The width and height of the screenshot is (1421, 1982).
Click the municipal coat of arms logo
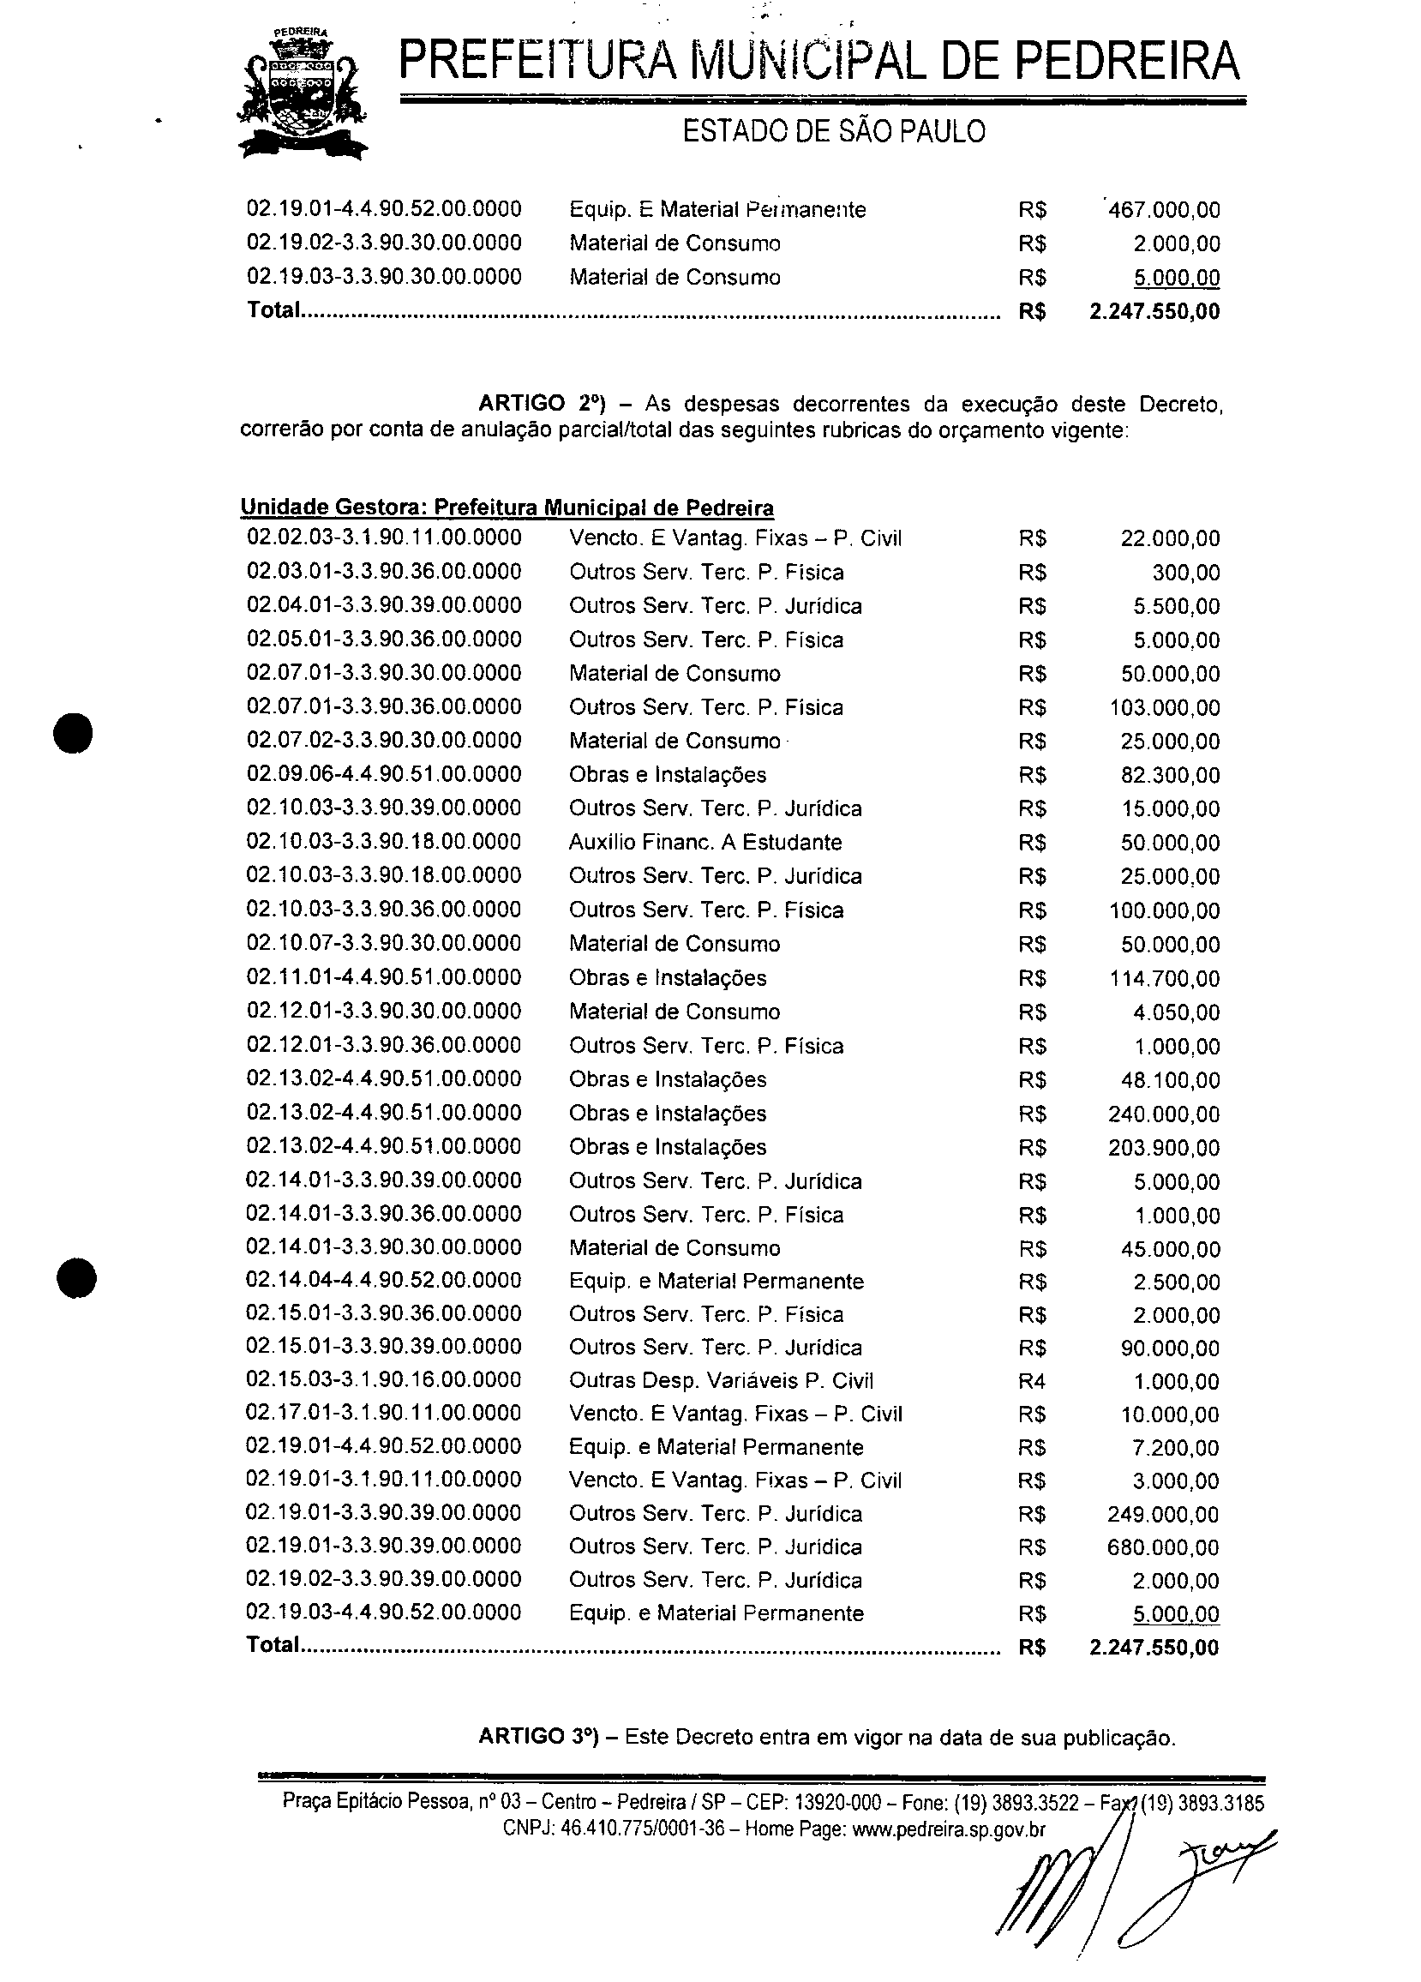(x=303, y=93)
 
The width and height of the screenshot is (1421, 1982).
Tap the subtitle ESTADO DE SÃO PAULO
(x=833, y=131)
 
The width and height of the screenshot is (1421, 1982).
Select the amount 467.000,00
(x=1163, y=210)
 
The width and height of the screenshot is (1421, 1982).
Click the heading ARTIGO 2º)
(x=541, y=404)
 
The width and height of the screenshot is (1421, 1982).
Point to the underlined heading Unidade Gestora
(x=507, y=508)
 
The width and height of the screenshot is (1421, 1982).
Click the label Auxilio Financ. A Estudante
(x=705, y=843)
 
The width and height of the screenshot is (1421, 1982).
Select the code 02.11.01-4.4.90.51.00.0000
(x=384, y=977)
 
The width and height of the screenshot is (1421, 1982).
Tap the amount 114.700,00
(x=1165, y=979)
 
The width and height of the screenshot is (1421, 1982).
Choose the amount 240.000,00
(x=1164, y=1114)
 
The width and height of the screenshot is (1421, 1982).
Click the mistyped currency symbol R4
(x=1031, y=1381)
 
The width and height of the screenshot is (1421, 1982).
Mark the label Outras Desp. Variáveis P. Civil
(x=721, y=1381)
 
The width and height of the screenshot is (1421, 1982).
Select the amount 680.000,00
(x=1163, y=1547)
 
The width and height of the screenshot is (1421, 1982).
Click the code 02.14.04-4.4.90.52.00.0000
(x=384, y=1280)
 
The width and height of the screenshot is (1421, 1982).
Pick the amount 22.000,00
(x=1170, y=538)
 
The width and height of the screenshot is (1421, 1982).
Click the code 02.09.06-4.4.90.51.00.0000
(x=384, y=774)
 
